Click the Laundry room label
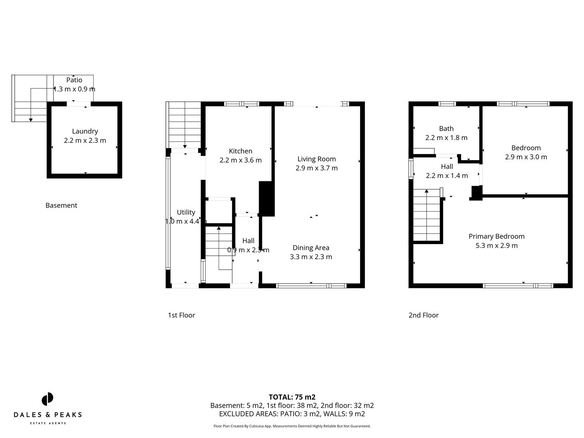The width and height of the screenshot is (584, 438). pos(85,131)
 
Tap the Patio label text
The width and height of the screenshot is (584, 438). pos(74,80)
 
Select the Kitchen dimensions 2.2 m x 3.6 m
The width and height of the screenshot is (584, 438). pos(240,160)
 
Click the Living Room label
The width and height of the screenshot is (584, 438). pos(316,159)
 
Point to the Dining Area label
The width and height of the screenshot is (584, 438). pos(311,248)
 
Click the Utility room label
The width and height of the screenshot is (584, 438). pos(186,212)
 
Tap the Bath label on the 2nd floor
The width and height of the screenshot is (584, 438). pos(446,129)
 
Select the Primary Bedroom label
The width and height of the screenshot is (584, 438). pos(496,236)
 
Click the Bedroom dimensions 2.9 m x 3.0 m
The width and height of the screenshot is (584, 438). pos(526,157)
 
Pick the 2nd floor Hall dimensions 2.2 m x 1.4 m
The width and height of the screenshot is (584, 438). pos(447,176)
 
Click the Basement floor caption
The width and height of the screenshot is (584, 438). pos(61,206)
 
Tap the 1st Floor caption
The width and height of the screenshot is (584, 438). pos(181,315)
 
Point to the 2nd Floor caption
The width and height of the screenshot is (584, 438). pos(423,315)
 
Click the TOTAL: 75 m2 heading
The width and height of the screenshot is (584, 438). pos(292,397)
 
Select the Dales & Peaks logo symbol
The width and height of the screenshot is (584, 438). pos(47,399)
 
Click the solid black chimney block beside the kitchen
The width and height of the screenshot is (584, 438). pos(267,199)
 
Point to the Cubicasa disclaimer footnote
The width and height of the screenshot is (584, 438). pos(292,426)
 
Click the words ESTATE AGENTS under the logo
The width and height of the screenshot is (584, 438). pos(48,423)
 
